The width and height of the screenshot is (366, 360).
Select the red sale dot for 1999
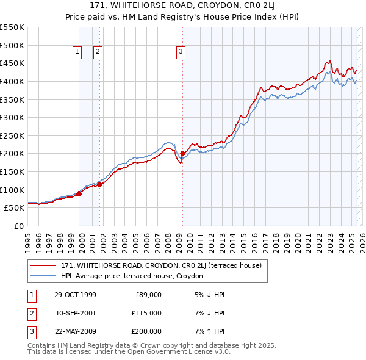tap(79, 193)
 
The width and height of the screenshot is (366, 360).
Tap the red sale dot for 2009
tap(182, 153)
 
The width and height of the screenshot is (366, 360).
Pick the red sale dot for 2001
tap(99, 184)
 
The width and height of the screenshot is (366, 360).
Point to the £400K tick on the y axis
tap(12, 81)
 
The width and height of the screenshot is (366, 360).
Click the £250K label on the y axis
tap(12, 135)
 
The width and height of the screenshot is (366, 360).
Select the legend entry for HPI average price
tap(131, 276)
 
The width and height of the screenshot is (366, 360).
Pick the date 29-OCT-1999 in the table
tap(75, 295)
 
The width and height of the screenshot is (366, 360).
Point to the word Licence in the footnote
tap(188, 352)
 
